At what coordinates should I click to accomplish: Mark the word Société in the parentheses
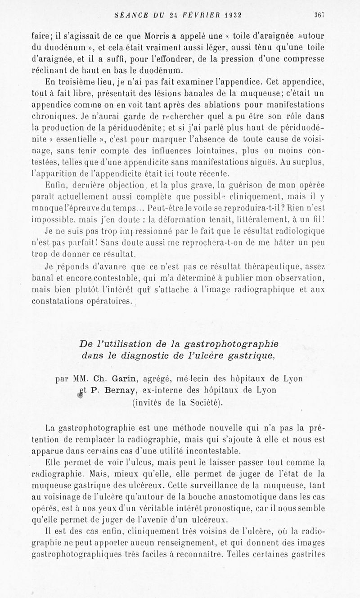click(x=198, y=402)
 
